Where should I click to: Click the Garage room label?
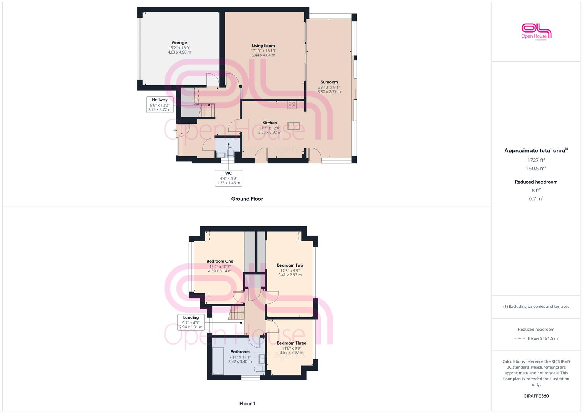pos(179,43)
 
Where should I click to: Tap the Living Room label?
pos(263,46)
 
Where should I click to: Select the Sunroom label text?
pos(329,82)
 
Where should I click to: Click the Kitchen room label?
pos(270,123)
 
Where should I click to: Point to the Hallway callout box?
pos(160,104)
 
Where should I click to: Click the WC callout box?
pos(228,178)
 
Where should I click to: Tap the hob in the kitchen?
pos(292,104)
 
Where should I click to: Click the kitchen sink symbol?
pos(294,126)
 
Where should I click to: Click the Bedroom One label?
pos(220,262)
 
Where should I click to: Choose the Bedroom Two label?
pos(290,265)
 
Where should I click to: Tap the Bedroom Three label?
pos(291,343)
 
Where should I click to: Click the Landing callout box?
pos(191,322)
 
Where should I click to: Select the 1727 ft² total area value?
pos(536,160)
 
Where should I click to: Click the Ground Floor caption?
pos(247,199)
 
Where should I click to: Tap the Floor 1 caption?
pos(247,403)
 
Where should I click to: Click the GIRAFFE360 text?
pos(536,396)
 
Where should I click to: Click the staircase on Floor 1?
pos(237,314)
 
